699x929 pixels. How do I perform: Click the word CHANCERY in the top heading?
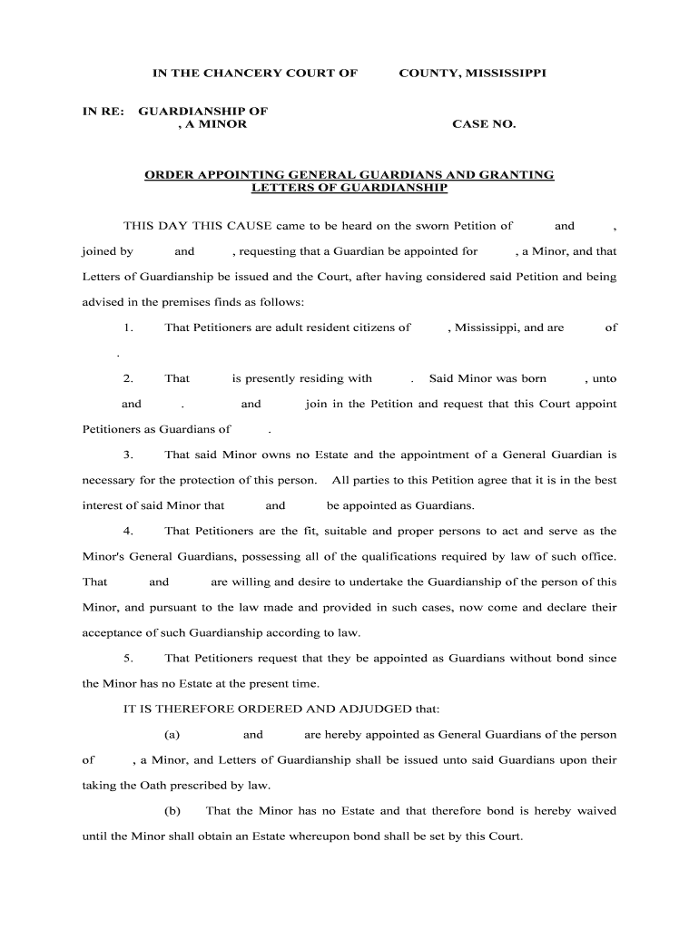[x=252, y=72]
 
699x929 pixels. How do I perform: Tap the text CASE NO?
[x=484, y=124]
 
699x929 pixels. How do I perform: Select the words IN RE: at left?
[x=101, y=111]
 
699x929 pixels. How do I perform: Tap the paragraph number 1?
[x=129, y=328]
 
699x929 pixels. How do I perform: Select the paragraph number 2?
[x=129, y=378]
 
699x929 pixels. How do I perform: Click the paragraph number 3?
[x=129, y=455]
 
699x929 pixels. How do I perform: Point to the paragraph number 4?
[x=129, y=531]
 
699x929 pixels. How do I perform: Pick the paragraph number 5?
[x=129, y=658]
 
